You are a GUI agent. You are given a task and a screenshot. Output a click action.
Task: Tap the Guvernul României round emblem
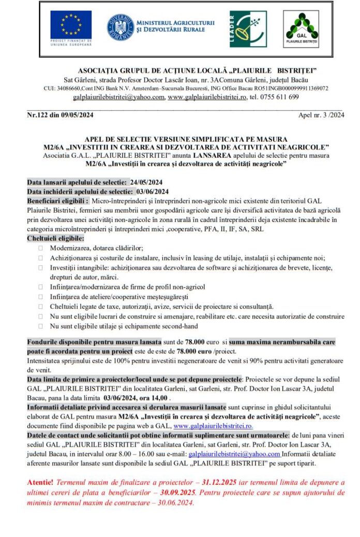[120, 27]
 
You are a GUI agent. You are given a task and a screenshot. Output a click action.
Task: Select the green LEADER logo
[248, 29]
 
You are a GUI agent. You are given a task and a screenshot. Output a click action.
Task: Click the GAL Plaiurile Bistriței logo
[301, 29]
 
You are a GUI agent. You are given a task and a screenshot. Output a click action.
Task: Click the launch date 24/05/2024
[146, 182]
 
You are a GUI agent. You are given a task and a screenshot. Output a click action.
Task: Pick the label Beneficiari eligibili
[58, 200]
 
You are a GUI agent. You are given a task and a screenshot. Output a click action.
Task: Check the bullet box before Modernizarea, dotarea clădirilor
[40, 248]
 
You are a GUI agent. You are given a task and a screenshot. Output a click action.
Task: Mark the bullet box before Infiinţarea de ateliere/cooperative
[40, 296]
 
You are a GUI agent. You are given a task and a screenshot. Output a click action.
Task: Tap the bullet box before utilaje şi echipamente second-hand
[40, 326]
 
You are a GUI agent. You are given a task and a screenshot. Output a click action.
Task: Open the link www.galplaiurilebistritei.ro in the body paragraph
[213, 426]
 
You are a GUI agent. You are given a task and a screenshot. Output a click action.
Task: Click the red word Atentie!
[39, 482]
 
